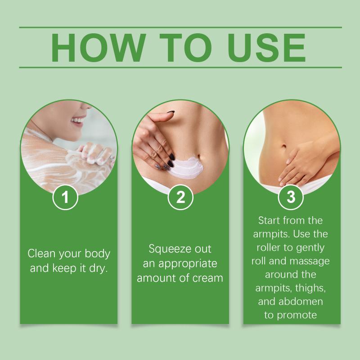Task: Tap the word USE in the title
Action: [266, 48]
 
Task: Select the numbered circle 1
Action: [65, 197]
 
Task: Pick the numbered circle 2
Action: [180, 197]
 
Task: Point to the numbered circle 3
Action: [291, 197]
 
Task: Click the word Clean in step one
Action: [41, 253]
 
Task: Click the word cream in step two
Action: [207, 278]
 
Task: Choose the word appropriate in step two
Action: [188, 264]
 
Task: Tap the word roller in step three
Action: [268, 247]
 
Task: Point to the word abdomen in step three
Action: [301, 301]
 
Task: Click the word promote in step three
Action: [297, 315]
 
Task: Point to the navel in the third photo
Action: [284, 146]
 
